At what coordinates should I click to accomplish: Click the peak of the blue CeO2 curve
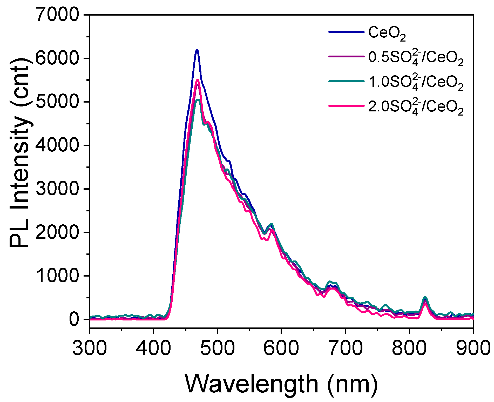pos(197,50)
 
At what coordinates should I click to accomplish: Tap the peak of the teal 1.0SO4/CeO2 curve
pos(198,100)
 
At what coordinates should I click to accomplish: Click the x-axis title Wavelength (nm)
pos(281,384)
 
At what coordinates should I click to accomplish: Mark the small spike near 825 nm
pos(425,298)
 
